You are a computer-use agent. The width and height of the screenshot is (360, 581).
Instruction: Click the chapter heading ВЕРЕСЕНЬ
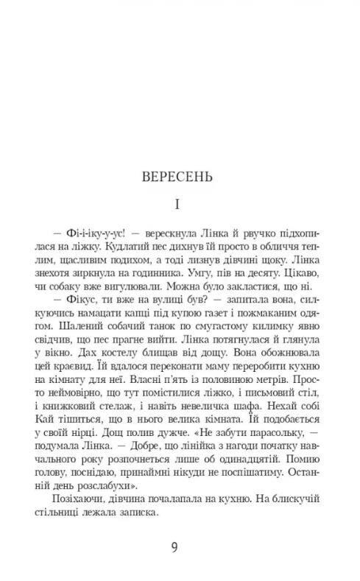click(x=179, y=177)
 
